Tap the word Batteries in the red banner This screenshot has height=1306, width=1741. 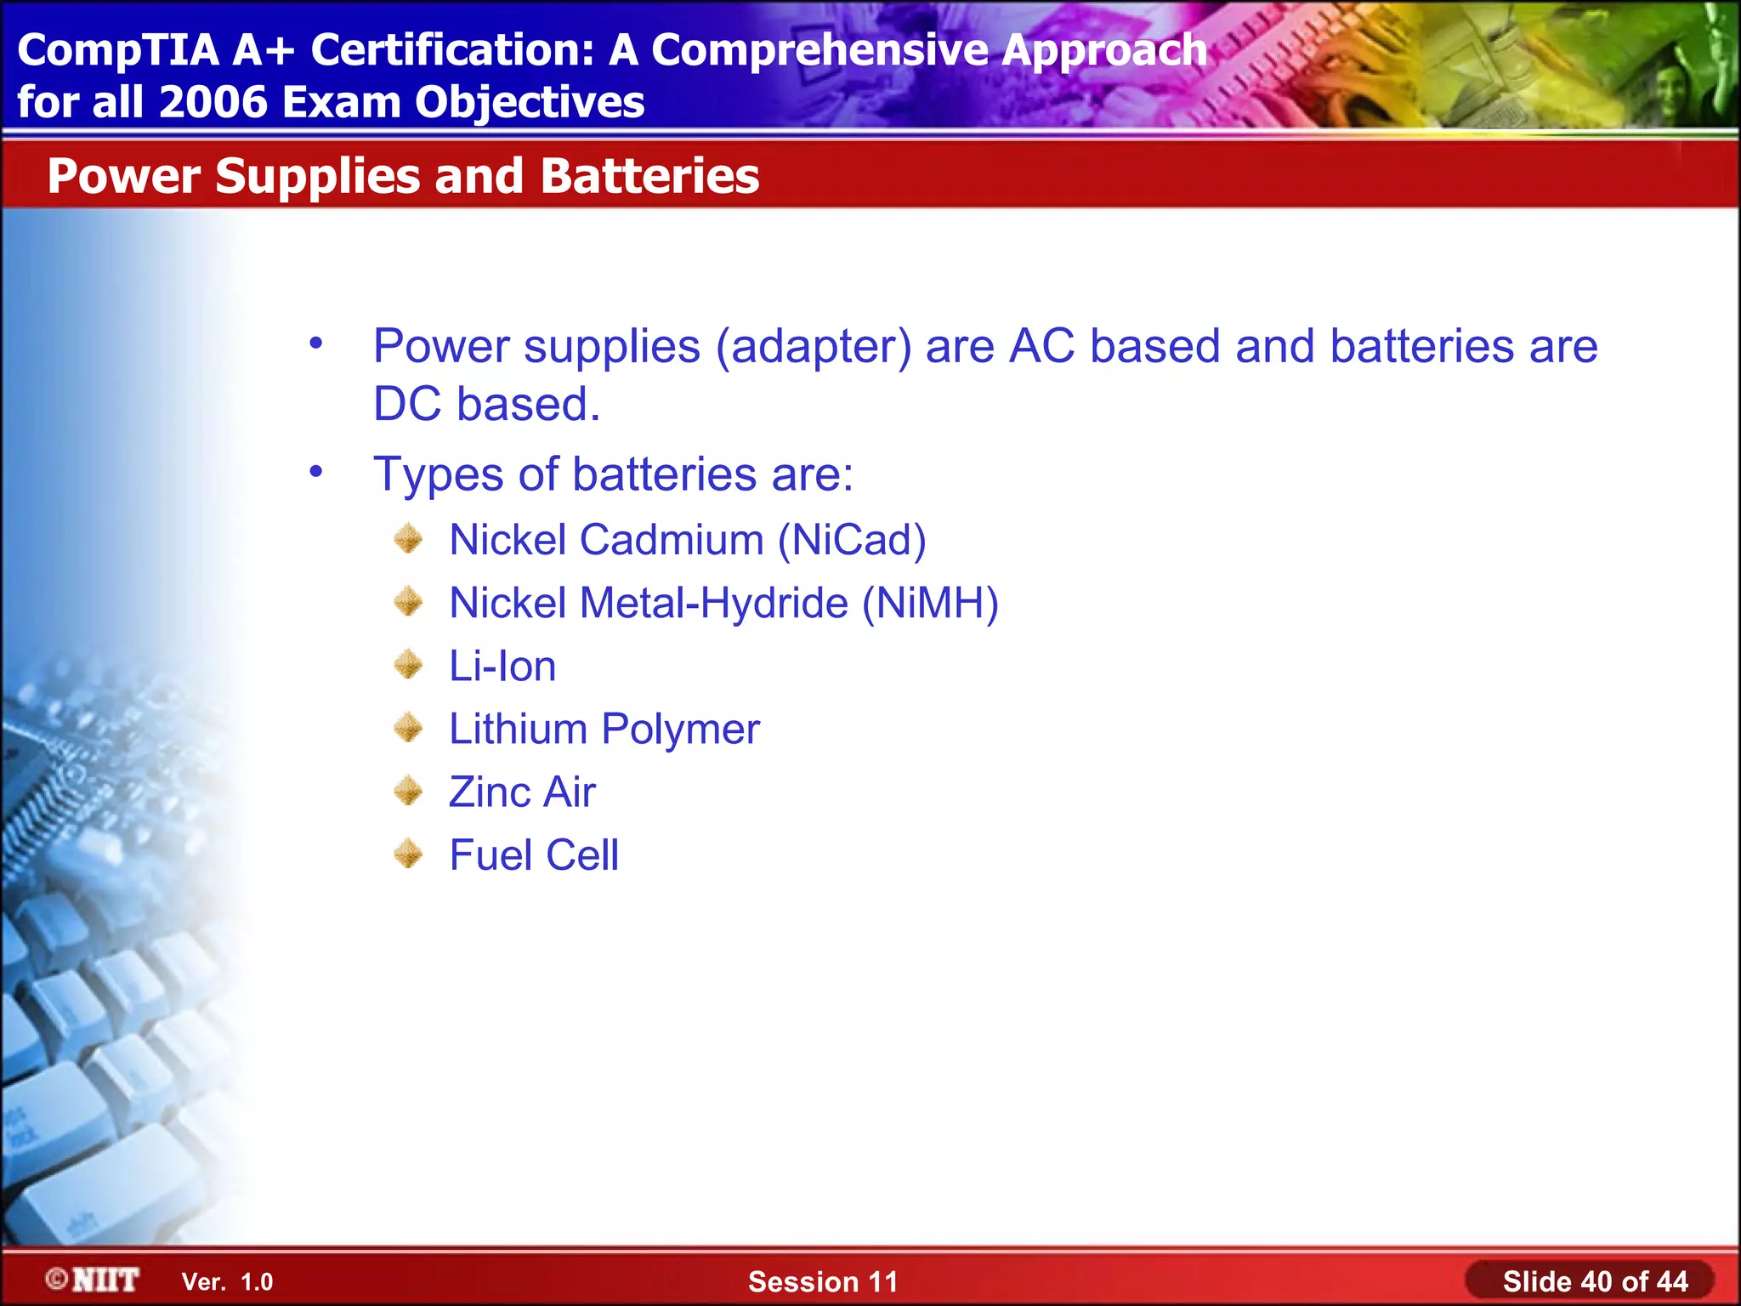point(649,176)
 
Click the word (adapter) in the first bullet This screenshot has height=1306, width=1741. point(814,347)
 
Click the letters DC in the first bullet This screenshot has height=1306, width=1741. point(407,404)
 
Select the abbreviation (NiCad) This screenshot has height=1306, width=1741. point(852,540)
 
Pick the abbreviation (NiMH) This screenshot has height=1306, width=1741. point(930,603)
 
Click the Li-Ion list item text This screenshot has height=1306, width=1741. point(502,666)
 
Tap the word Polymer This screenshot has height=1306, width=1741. point(680,730)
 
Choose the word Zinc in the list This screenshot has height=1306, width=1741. point(490,792)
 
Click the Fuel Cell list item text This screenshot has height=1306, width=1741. point(534,855)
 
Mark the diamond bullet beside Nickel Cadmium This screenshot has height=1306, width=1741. point(409,538)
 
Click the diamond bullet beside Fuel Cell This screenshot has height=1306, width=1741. point(409,854)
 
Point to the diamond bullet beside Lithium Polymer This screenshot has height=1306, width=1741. point(409,728)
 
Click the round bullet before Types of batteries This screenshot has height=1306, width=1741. point(316,471)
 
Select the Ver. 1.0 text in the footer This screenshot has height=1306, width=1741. point(227,1282)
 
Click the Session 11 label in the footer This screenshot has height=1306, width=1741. point(822,1281)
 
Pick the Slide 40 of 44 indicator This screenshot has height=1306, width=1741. point(1595,1281)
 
